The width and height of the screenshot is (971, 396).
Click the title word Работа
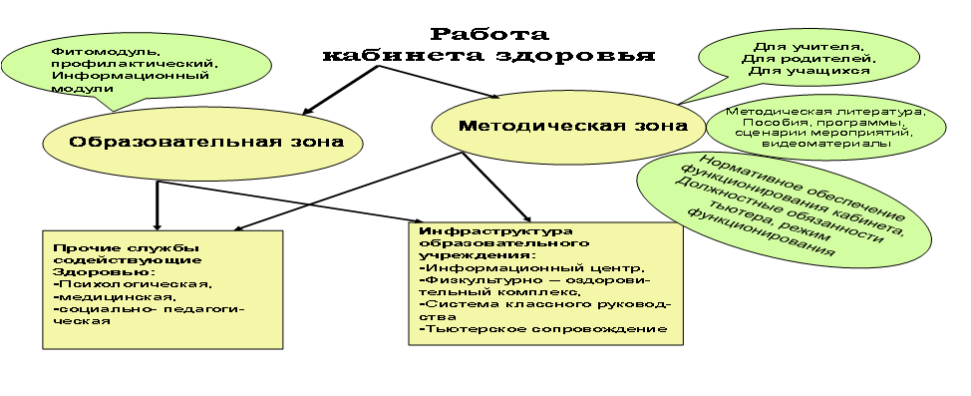(489, 33)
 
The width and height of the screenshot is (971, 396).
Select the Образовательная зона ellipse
(202, 143)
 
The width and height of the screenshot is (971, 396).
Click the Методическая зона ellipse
(568, 127)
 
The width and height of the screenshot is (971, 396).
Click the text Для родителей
(809, 58)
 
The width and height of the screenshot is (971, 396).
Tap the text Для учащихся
(809, 71)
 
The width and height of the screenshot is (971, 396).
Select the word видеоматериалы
(826, 144)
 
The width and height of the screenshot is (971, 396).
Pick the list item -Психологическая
(134, 284)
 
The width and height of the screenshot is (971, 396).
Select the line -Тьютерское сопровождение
(543, 328)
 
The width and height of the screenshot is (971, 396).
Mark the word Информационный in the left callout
(130, 76)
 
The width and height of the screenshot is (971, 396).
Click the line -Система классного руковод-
(545, 304)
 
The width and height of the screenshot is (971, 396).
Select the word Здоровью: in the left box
(104, 272)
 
